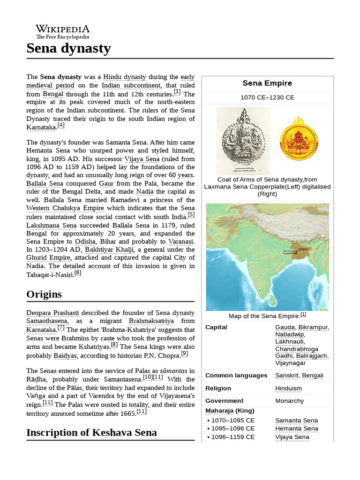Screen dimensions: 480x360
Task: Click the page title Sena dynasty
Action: click(x=68, y=48)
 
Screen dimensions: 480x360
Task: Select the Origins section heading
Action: click(x=44, y=294)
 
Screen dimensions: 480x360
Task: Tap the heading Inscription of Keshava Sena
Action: click(x=91, y=432)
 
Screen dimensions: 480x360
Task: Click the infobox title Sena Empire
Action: click(x=267, y=83)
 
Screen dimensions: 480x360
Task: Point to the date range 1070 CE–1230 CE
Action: click(x=267, y=97)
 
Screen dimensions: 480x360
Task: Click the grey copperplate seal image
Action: click(x=243, y=140)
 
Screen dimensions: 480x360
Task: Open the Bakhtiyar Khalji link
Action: click(x=109, y=249)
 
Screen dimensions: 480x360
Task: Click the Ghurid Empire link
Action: click(x=48, y=258)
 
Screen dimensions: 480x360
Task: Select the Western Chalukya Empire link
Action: click(x=65, y=208)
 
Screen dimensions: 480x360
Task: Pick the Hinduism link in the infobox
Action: click(x=288, y=388)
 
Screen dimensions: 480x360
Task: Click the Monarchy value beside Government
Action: click(x=289, y=401)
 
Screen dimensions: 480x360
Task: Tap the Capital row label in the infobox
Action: click(x=216, y=327)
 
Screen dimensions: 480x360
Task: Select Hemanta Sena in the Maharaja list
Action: click(x=296, y=428)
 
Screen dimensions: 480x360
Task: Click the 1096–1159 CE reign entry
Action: click(x=232, y=437)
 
